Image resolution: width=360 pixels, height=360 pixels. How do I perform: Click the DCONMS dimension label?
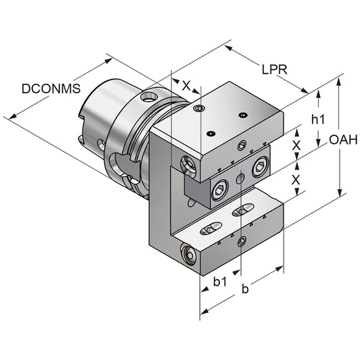pyautogui.click(x=51, y=88)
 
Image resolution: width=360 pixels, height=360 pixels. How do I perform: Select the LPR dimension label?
pyautogui.click(x=276, y=69)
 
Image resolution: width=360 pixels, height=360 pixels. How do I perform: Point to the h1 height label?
pyautogui.click(x=318, y=119)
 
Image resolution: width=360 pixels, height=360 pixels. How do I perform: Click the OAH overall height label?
pyautogui.click(x=344, y=140)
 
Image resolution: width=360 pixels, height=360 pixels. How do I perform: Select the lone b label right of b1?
pyautogui.click(x=245, y=290)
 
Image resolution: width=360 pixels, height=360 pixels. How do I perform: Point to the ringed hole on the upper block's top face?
pyautogui.click(x=198, y=109)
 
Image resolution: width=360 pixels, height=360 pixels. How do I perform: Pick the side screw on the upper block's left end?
pyautogui.click(x=187, y=163)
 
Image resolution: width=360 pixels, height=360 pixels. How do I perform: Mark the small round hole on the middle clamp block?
pyautogui.click(x=240, y=178)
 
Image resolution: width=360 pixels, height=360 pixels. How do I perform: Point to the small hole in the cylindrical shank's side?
pyautogui.click(x=101, y=143)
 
